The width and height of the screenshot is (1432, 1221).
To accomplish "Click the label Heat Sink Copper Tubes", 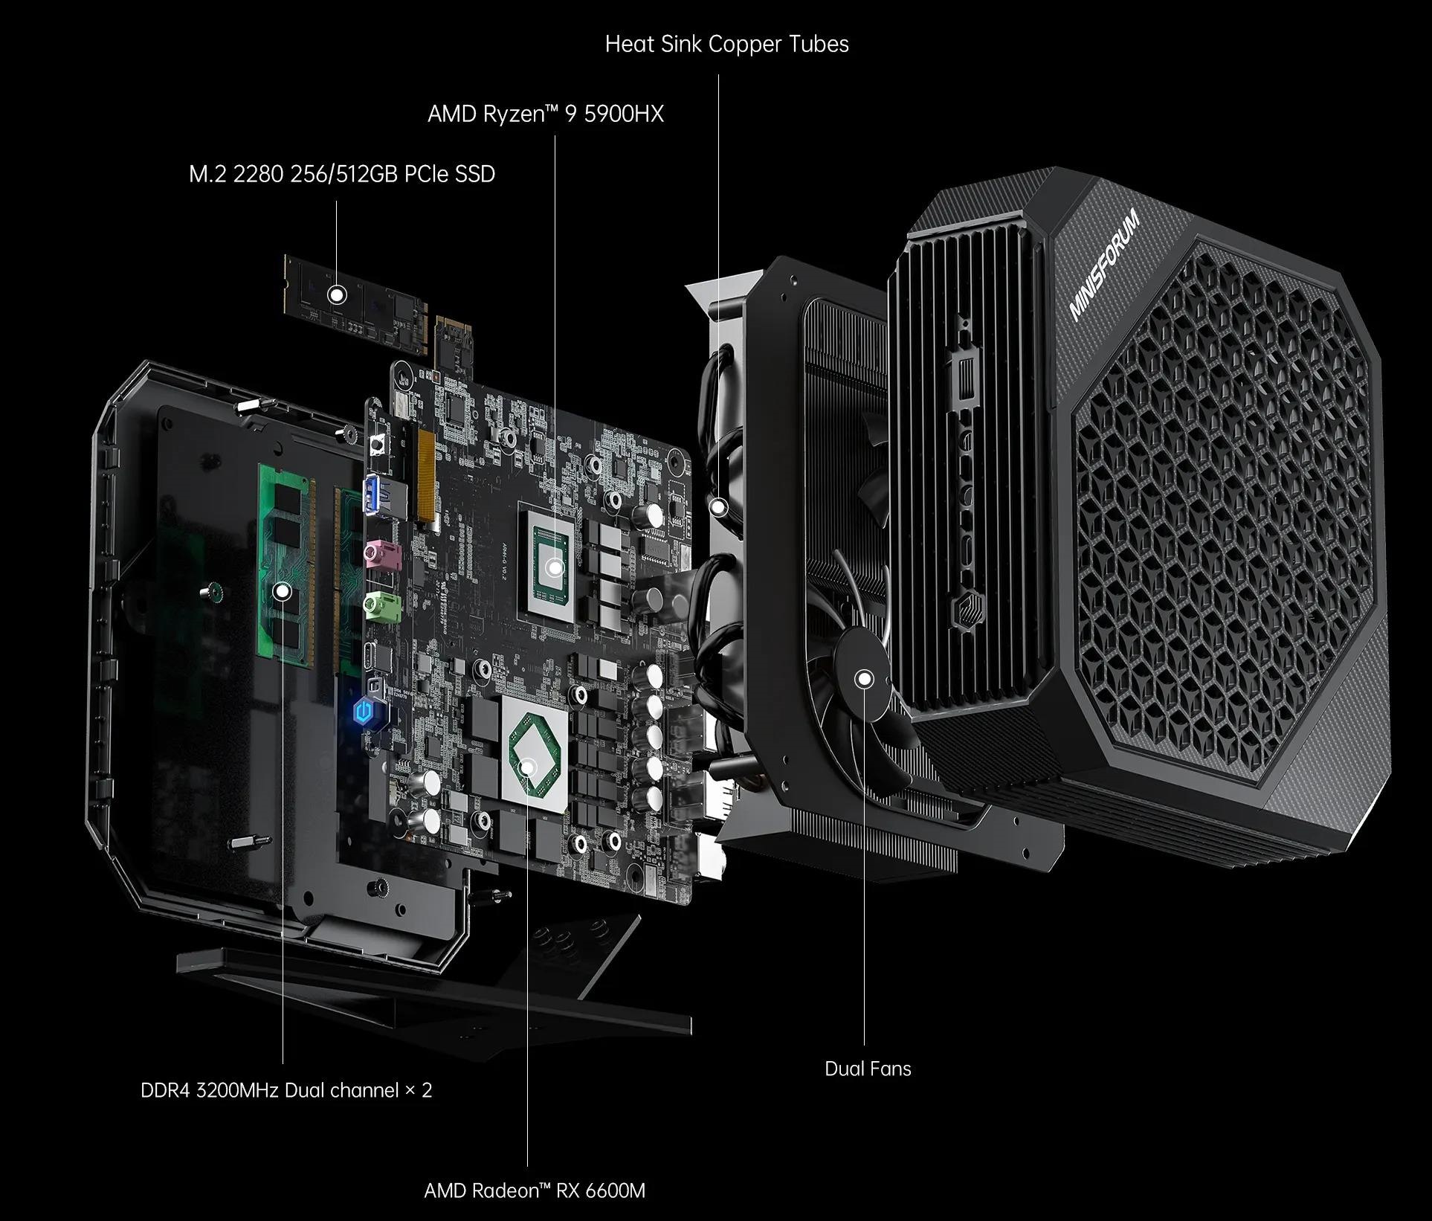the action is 726,44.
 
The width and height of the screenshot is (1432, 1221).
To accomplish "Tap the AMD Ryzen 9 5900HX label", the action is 546,114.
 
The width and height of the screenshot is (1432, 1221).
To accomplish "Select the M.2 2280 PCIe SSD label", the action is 342,174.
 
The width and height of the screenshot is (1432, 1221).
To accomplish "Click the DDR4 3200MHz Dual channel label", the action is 286,1090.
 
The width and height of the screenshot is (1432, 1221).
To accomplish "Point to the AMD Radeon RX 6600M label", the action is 535,1191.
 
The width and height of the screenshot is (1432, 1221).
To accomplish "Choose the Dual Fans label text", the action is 868,1069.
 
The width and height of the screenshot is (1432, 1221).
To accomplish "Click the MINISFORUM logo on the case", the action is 1103,265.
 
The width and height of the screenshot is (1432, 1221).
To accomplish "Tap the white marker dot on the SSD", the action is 337,295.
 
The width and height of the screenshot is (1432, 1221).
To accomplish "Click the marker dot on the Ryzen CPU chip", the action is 554,568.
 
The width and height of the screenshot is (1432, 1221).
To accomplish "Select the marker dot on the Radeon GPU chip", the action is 527,767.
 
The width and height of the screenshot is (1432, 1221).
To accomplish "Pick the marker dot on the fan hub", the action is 864,678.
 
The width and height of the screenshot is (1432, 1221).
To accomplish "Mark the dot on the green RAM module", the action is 282,591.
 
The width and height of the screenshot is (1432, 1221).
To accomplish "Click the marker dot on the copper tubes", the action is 718,508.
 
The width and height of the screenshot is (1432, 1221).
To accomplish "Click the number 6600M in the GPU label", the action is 615,1191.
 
